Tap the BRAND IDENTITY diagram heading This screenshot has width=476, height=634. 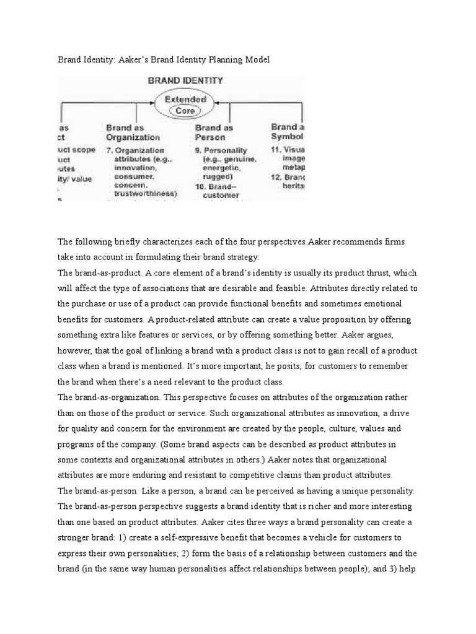coord(185,80)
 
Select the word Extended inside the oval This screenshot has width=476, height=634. coord(185,99)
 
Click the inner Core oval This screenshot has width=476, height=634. coord(185,111)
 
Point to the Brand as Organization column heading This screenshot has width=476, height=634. coord(133,132)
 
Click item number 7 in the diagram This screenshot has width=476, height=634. coord(110,150)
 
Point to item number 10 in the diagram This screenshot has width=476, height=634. coord(201,185)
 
